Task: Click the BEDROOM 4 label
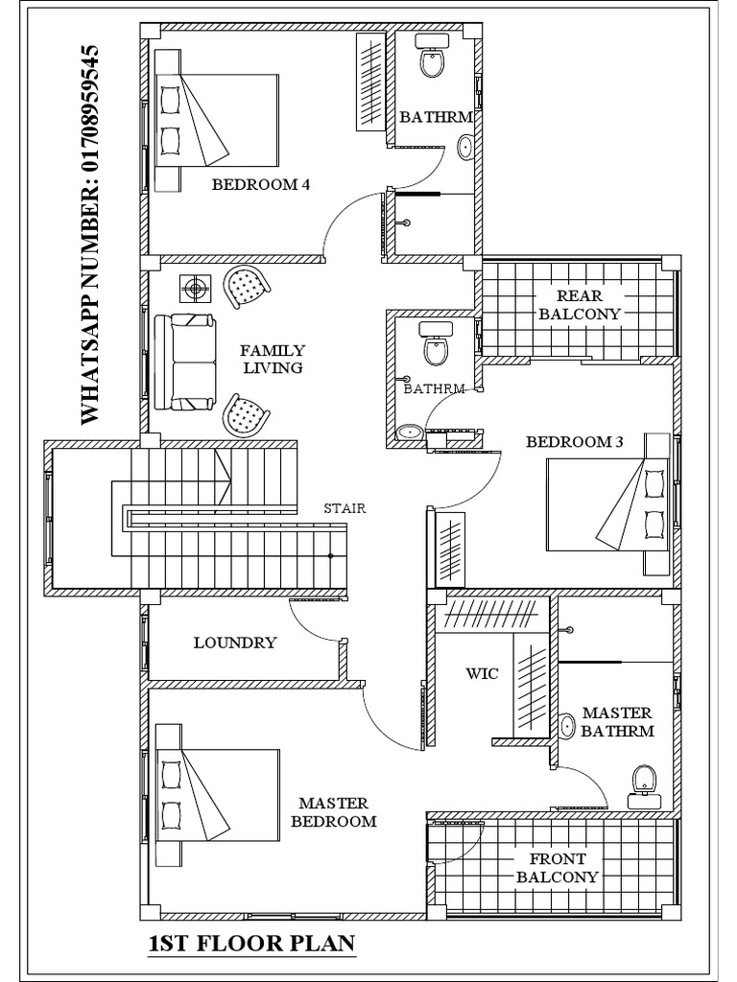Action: pos(260,184)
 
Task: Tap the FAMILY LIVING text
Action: pos(273,359)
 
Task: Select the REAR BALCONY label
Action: pos(580,304)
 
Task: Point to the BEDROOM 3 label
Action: pos(575,442)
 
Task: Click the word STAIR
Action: pos(345,508)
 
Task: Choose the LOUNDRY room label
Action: pos(235,643)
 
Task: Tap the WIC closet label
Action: pos(482,673)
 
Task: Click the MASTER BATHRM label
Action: pos(617,721)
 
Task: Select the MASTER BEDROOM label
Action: pos(333,811)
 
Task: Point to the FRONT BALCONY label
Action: pos(557,868)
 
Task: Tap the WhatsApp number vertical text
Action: pos(89,233)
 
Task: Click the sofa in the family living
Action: pos(193,361)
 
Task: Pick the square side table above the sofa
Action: pos(197,289)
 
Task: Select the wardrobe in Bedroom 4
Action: pos(369,82)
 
